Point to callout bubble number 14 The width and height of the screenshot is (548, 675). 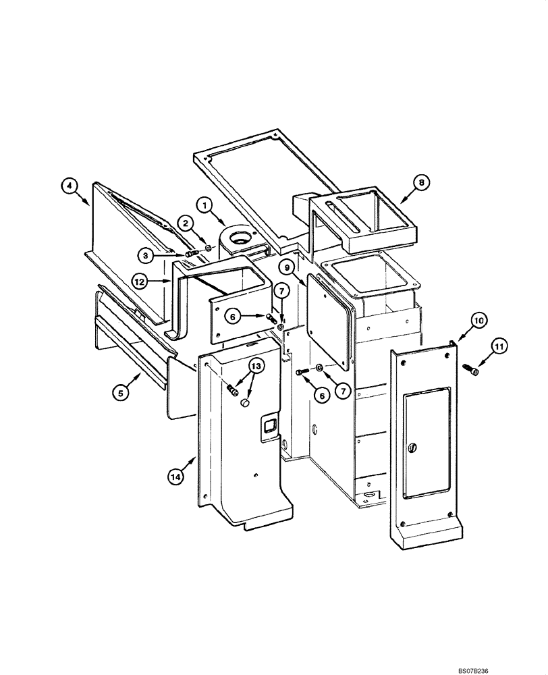[175, 476]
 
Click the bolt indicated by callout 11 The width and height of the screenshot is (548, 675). [470, 369]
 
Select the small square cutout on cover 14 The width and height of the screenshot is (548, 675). [268, 426]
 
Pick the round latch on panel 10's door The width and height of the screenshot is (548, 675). [413, 447]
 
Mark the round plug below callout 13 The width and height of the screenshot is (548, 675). [246, 403]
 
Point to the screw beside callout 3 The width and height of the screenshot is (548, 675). [191, 254]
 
